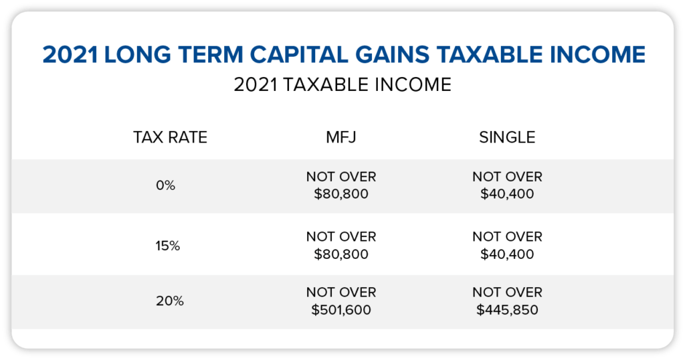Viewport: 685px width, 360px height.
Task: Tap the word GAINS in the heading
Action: pos(392,55)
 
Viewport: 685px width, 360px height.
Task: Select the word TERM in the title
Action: pos(211,55)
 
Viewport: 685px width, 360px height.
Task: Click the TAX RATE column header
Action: pos(171,137)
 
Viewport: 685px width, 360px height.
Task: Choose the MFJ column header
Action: pos(340,137)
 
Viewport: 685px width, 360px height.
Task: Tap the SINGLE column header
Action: pos(507,137)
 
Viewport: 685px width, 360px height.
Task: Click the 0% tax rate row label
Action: pos(166,185)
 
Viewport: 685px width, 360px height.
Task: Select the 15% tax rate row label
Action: pos(168,246)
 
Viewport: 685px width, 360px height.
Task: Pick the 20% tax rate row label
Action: pos(169,301)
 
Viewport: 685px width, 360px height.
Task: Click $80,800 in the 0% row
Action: pos(341,194)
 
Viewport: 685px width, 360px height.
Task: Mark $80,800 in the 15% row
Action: pos(341,254)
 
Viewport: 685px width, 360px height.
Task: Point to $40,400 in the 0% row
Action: pos(507,194)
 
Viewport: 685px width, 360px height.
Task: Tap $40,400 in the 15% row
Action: pos(507,254)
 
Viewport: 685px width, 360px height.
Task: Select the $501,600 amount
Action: pos(341,310)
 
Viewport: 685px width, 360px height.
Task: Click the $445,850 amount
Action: pos(507,310)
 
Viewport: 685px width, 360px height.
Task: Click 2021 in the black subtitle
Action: pos(256,85)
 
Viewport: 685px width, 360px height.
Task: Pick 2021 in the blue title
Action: pos(70,55)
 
